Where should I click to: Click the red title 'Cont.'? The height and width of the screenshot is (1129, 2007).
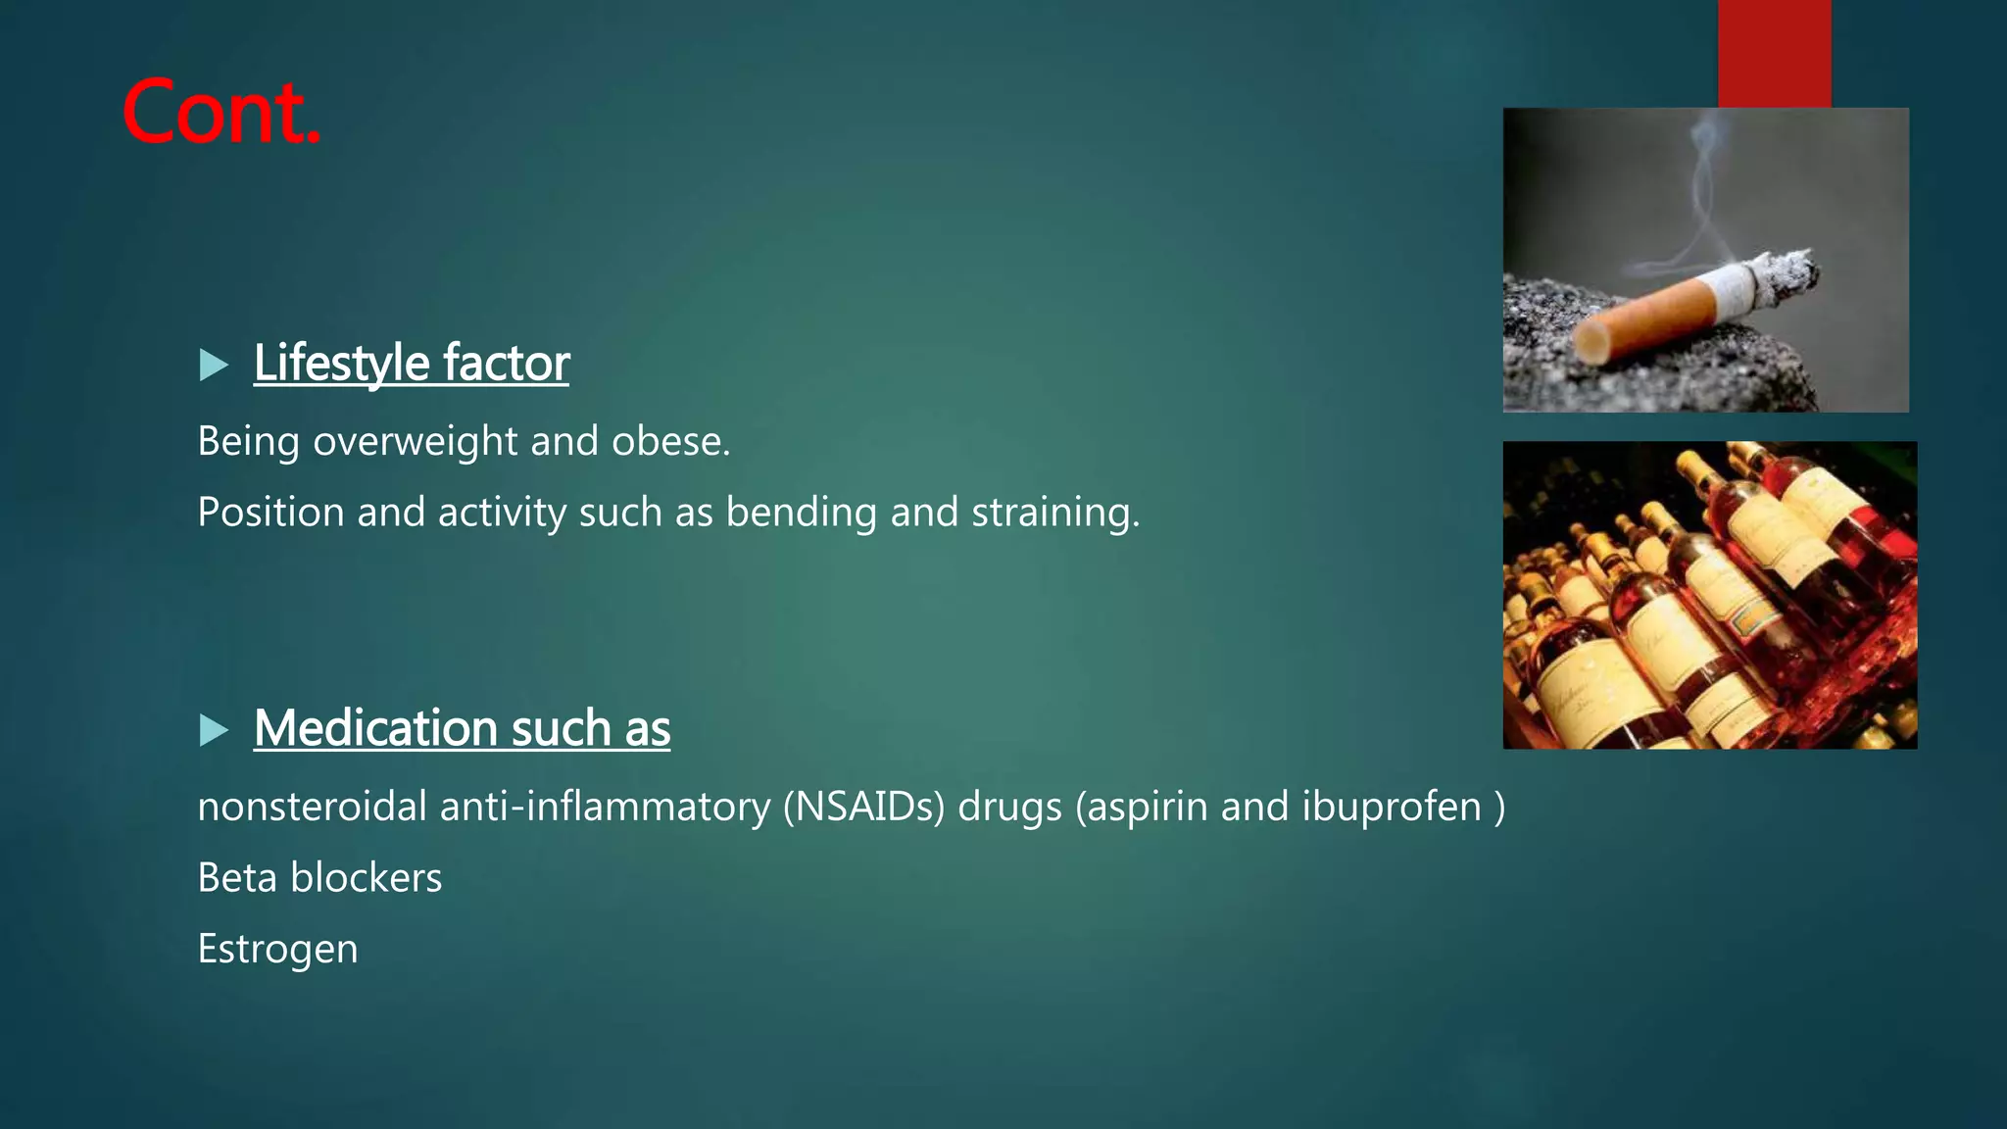pos(221,113)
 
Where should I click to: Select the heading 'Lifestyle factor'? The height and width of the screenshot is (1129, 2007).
pos(411,364)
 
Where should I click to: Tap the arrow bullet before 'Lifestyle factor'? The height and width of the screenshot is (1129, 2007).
pos(213,366)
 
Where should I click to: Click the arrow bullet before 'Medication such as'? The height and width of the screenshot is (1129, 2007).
pos(213,730)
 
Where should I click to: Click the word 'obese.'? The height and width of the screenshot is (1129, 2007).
pos(671,442)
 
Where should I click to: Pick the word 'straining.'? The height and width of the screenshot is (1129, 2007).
pos(1055,513)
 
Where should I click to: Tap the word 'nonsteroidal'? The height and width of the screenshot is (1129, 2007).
pos(312,808)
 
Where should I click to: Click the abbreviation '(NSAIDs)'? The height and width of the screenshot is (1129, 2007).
pos(863,808)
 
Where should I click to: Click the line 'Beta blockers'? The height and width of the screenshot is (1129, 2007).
pos(319,878)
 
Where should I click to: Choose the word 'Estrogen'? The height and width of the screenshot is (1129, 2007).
pos(277,949)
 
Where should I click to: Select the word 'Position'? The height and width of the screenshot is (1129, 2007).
pos(270,513)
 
